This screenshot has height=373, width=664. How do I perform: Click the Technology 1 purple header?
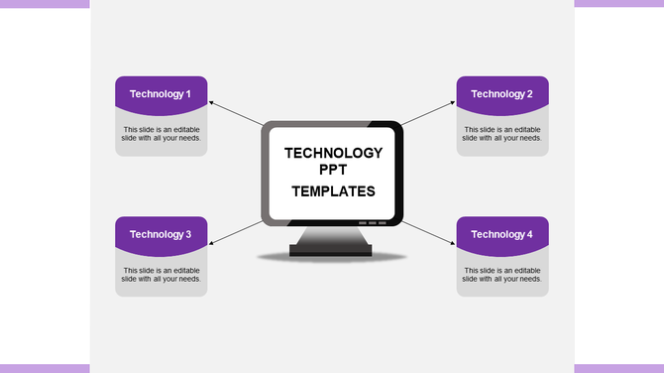(x=161, y=93)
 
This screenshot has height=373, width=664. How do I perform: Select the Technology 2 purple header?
(x=502, y=93)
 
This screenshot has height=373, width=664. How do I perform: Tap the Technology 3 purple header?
(x=161, y=234)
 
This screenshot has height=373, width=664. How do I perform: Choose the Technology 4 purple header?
(x=502, y=234)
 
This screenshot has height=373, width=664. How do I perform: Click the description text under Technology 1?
(x=161, y=134)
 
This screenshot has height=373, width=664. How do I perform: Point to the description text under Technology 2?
(x=502, y=134)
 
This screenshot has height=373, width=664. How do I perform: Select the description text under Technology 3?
(x=161, y=275)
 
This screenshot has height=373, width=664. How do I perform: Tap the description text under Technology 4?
(x=502, y=275)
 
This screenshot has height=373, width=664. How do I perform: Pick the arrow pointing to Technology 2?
(x=429, y=112)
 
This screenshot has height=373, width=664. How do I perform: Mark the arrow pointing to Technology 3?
(x=236, y=229)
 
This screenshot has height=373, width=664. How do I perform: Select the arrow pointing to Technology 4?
(x=429, y=229)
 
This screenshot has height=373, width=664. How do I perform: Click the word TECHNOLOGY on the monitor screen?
(x=333, y=154)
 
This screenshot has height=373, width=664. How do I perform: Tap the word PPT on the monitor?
(x=333, y=171)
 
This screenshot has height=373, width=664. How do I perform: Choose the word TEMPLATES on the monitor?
(x=333, y=191)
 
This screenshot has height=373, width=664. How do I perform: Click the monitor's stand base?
(x=332, y=251)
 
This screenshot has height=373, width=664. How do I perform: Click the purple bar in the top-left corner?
(x=45, y=4)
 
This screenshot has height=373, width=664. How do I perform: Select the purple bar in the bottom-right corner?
(x=618, y=368)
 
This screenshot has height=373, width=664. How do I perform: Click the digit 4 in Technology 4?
(x=529, y=234)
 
